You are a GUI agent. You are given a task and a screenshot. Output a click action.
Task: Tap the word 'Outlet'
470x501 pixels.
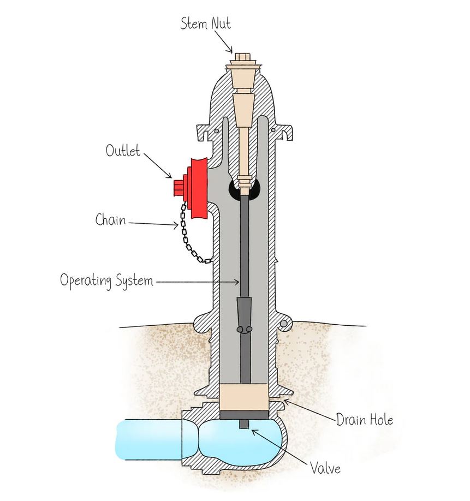pos(123,151)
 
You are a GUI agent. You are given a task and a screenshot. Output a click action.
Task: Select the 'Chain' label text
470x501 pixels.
pos(110,220)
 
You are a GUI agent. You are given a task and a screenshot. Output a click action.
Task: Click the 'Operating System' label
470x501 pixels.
pos(106,281)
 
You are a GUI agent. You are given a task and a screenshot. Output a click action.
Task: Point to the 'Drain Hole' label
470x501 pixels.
pos(364,420)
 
